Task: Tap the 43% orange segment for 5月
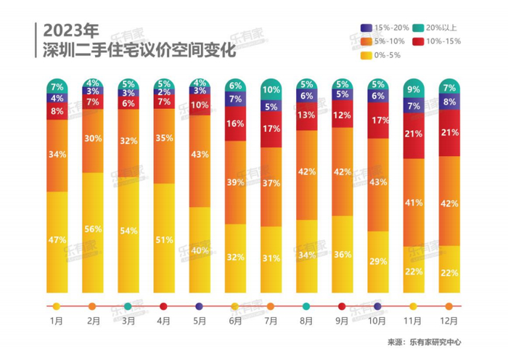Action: coord(199,160)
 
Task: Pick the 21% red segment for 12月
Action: coord(448,133)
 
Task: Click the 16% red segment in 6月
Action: coord(234,123)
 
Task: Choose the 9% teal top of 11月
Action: coord(412,89)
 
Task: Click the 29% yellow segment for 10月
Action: coord(377,259)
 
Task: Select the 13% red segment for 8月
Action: coord(306,115)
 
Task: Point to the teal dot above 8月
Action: coord(306,306)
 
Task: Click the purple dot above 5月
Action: coord(199,306)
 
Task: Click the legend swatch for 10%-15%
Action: coord(419,41)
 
